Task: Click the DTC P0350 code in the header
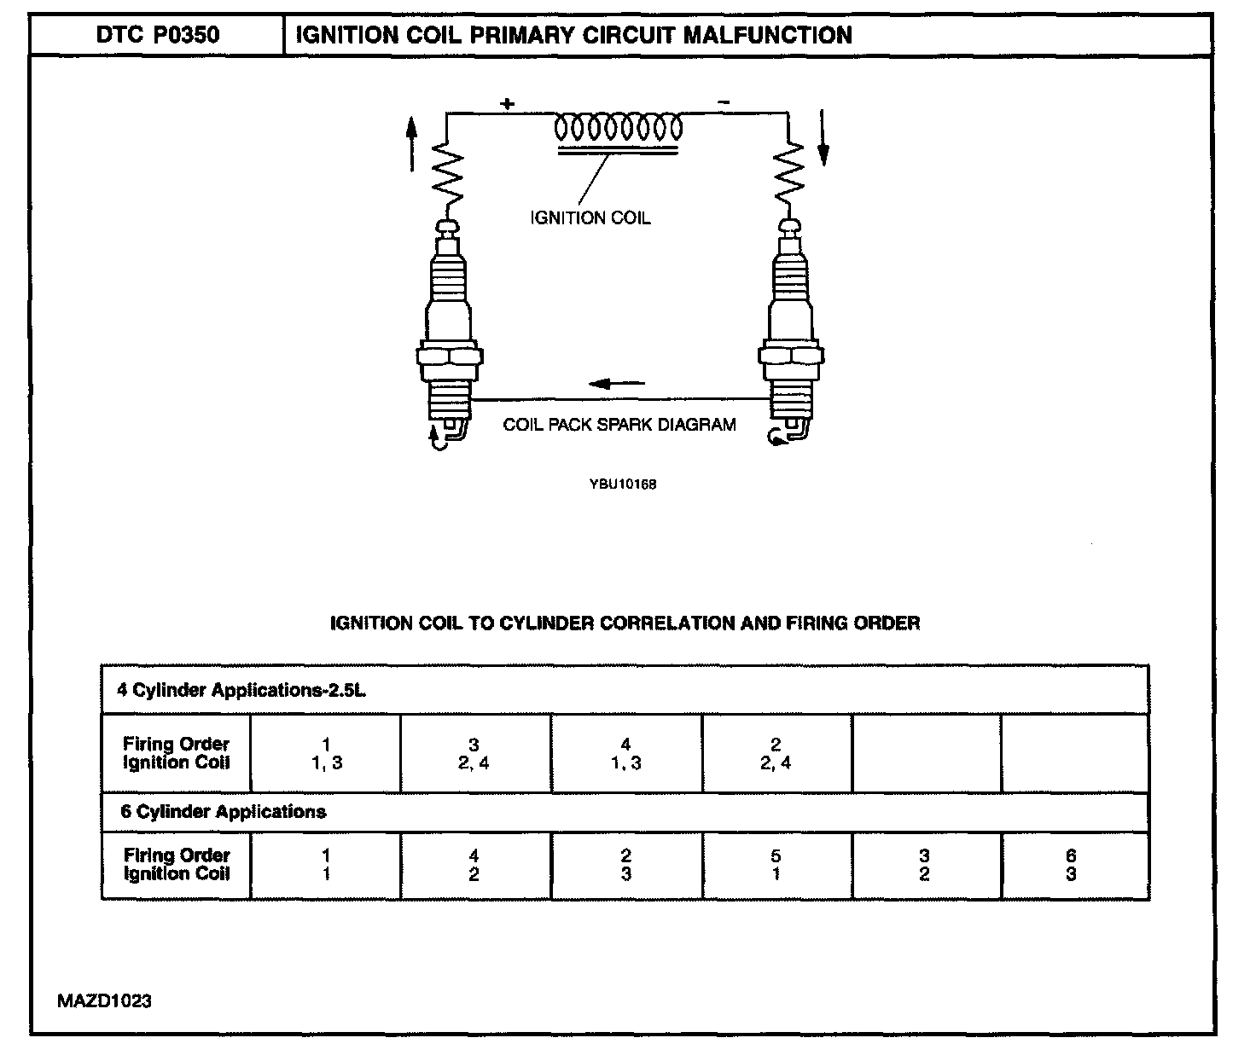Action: [x=157, y=35]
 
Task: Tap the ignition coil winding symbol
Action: [x=618, y=129]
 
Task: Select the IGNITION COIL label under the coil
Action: [x=590, y=218]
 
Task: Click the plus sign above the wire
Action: [x=508, y=104]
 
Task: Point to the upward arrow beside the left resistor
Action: [x=412, y=143]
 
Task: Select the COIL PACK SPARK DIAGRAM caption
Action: [x=619, y=425]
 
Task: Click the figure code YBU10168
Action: [x=622, y=484]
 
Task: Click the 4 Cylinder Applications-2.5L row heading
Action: [x=241, y=690]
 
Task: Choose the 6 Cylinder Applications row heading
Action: [x=224, y=811]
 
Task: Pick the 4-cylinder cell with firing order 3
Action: [x=474, y=754]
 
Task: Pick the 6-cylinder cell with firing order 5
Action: [x=776, y=865]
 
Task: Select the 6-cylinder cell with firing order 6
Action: [x=1072, y=865]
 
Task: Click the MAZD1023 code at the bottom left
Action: [x=104, y=1000]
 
